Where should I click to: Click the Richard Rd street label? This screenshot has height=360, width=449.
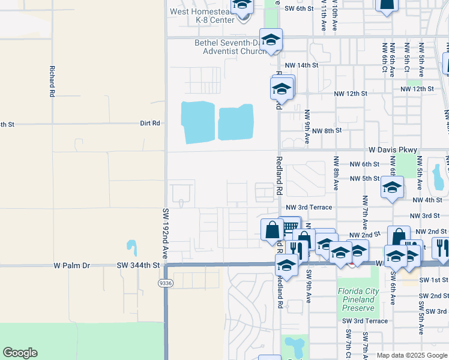coord(52,81)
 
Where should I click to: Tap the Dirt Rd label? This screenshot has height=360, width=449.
coord(150,123)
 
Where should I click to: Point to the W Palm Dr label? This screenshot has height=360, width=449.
coord(71,265)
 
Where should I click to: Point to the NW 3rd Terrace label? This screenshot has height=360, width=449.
coord(309,207)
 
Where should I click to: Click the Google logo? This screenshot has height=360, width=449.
coord(20,353)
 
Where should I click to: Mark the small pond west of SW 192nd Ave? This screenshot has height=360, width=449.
coord(131,246)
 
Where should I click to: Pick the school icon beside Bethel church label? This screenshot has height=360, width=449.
coord(271,40)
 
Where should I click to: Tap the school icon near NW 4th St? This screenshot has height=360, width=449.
coord(393,188)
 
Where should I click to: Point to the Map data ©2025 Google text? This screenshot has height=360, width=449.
coord(411,355)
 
